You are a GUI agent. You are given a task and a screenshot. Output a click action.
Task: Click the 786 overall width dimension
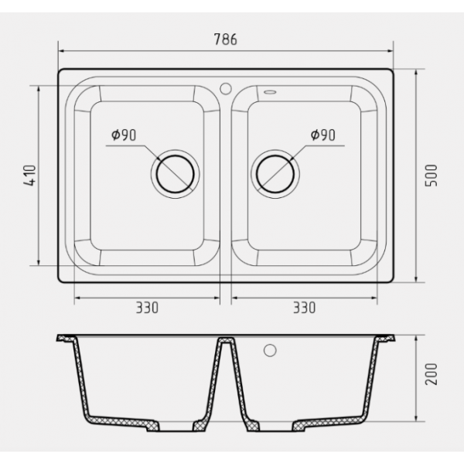(x=226, y=39)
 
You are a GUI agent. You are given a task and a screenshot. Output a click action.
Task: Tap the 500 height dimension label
(x=431, y=176)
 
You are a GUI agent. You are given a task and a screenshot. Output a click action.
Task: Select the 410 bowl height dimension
(x=29, y=176)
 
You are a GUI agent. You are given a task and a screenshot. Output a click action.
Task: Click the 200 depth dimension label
(x=431, y=374)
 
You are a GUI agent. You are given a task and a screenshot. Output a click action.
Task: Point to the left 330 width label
(x=147, y=308)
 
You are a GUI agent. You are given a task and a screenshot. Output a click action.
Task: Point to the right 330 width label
(x=304, y=308)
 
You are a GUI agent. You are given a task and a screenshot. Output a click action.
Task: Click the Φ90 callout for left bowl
(x=124, y=135)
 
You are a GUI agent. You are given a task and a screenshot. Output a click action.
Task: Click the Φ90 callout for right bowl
(x=322, y=135)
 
